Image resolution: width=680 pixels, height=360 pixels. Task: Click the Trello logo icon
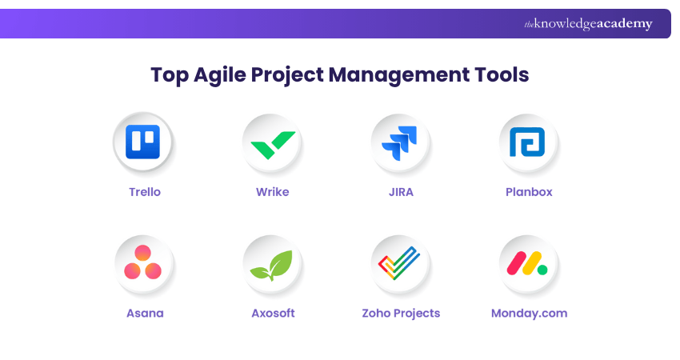[144, 142]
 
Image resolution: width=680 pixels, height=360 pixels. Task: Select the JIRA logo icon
[400, 142]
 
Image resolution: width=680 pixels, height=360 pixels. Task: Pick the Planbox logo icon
[528, 142]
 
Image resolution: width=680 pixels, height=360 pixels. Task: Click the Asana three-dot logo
[144, 263]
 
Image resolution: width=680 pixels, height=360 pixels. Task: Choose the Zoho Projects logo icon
[400, 263]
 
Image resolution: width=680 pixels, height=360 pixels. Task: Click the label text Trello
[145, 192]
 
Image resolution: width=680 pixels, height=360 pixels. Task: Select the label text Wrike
[272, 192]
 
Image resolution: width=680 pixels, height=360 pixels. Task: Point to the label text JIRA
[401, 192]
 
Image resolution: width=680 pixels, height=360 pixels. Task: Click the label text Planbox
[529, 192]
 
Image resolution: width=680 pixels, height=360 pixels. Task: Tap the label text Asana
[145, 313]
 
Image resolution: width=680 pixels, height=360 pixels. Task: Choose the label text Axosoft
[273, 313]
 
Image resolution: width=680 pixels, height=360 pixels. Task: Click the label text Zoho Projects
[401, 313]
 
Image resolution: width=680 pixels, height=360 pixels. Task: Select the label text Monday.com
[529, 313]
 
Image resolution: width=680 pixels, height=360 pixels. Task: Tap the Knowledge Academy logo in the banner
[588, 24]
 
